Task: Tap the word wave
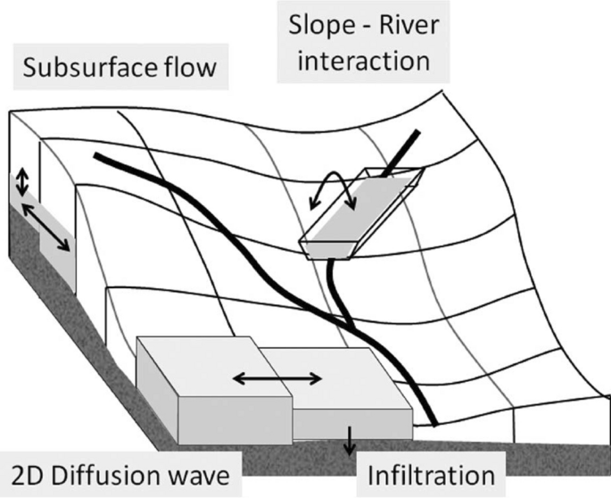coord(200,474)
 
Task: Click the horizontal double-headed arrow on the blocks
coord(277,378)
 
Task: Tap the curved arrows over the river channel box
coord(334,187)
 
